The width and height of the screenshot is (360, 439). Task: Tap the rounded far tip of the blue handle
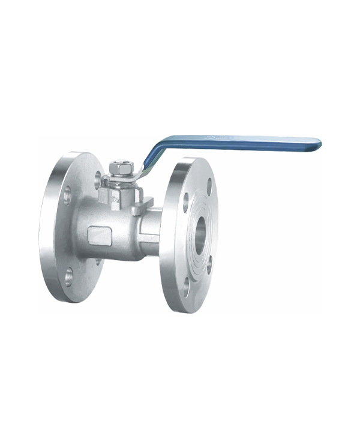tap(318, 143)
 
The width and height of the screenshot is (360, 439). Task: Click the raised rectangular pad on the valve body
tap(100, 236)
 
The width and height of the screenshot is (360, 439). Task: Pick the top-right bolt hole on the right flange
tap(209, 187)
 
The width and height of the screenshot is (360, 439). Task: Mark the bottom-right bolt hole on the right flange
tap(209, 264)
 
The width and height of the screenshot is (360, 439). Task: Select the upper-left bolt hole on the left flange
tap(67, 195)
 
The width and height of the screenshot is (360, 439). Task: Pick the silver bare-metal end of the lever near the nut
tap(139, 170)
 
